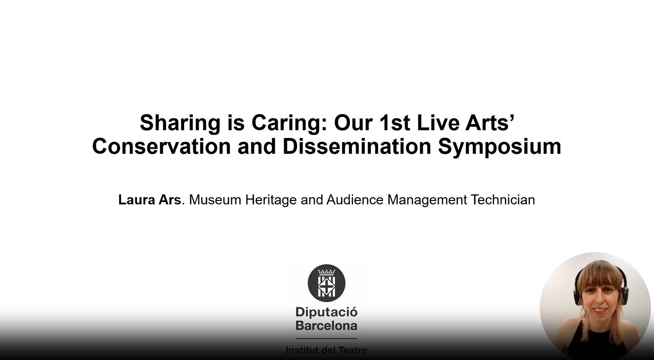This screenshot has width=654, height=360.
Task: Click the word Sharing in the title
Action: coord(180,124)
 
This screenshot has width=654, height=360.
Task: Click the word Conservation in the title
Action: coord(162,146)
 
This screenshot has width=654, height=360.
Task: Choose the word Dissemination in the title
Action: coord(357,146)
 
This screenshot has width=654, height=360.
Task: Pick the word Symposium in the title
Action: coord(500,148)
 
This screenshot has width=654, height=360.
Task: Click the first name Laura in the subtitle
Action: coord(136,200)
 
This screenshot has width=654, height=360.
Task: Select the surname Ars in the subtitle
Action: coord(170,200)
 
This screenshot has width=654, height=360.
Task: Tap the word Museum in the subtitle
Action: coord(215,200)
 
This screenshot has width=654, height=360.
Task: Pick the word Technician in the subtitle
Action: coord(503,200)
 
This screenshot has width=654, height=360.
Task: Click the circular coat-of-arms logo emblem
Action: coord(326,283)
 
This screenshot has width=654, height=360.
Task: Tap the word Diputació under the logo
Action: coord(326,313)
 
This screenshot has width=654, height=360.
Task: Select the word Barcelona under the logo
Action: coord(326,326)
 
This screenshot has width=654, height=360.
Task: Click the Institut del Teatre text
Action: coord(326,350)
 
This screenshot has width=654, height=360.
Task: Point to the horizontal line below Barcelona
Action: coord(326,338)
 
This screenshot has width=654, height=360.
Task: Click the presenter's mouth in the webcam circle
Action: coord(600,310)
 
